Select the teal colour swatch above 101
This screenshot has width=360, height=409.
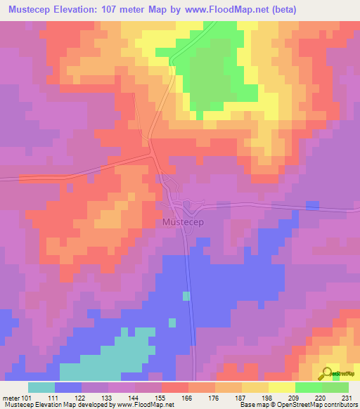[x=41, y=387]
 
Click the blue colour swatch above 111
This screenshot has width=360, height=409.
[x=68, y=387]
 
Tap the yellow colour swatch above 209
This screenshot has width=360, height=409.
[x=282, y=387]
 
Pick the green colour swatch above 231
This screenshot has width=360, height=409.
[x=335, y=387]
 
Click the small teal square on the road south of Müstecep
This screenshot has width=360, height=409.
[x=186, y=296]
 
